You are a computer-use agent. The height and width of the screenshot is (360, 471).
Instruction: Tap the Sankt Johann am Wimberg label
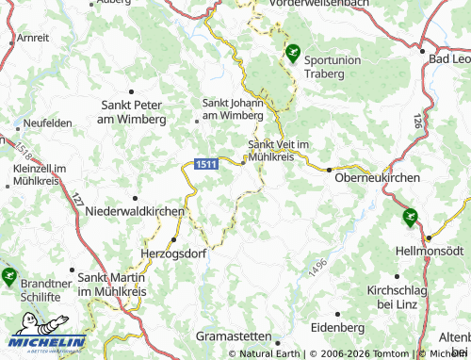click(x=234, y=109)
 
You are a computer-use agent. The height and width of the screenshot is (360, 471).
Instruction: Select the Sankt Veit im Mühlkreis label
click(x=284, y=151)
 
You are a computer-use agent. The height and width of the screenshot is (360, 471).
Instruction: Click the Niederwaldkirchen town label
click(x=134, y=212)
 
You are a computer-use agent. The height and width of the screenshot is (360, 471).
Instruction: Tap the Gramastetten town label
click(x=233, y=335)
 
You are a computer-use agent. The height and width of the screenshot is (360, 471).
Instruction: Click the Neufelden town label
click(x=48, y=123)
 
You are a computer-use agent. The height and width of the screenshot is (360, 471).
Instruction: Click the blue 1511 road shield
click(x=207, y=164)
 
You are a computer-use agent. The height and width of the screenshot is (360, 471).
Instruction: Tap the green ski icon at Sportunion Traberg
click(x=294, y=54)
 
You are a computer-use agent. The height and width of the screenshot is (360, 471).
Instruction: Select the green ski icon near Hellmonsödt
click(x=409, y=217)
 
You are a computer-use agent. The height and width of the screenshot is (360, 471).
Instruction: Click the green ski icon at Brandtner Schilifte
click(x=9, y=276)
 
